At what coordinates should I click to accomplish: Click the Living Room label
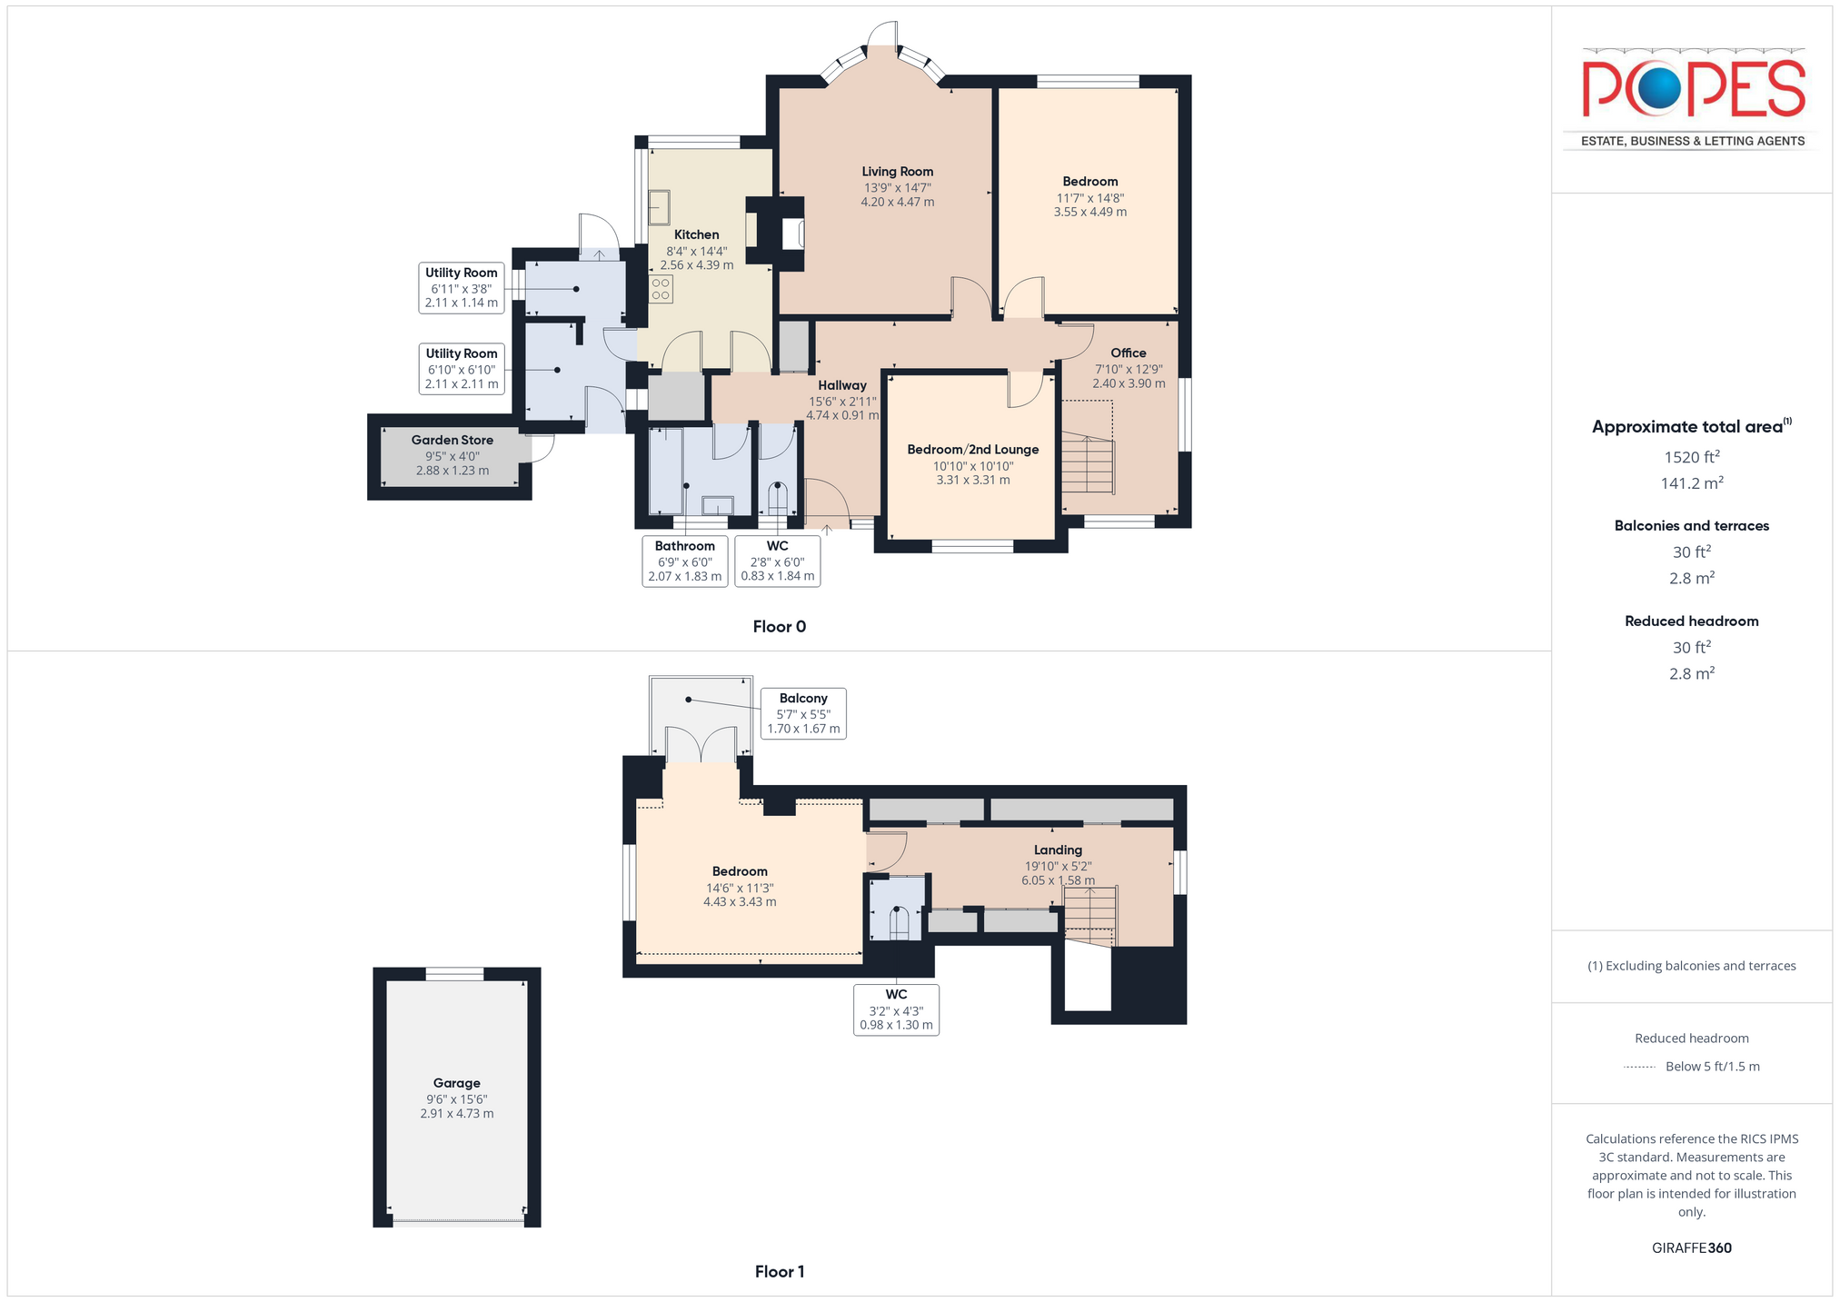click(897, 172)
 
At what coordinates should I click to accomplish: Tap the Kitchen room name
click(696, 234)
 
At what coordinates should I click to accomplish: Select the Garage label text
click(456, 1083)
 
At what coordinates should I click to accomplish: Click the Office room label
click(1128, 353)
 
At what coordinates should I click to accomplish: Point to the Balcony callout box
click(803, 713)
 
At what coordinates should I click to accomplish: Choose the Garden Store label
click(452, 441)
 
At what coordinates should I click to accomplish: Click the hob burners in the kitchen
click(661, 290)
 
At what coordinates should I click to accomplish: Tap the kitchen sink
click(659, 207)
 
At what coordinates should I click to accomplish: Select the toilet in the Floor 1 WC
click(898, 922)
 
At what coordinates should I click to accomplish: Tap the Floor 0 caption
click(779, 627)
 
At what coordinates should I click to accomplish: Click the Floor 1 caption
click(779, 1272)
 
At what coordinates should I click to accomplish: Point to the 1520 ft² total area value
click(1691, 456)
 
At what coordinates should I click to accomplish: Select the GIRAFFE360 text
click(1691, 1248)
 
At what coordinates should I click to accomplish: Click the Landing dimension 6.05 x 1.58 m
click(1058, 880)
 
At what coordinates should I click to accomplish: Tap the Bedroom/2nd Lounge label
click(972, 450)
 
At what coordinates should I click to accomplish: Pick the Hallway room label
click(841, 385)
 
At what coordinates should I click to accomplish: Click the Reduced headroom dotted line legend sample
click(1639, 1067)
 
